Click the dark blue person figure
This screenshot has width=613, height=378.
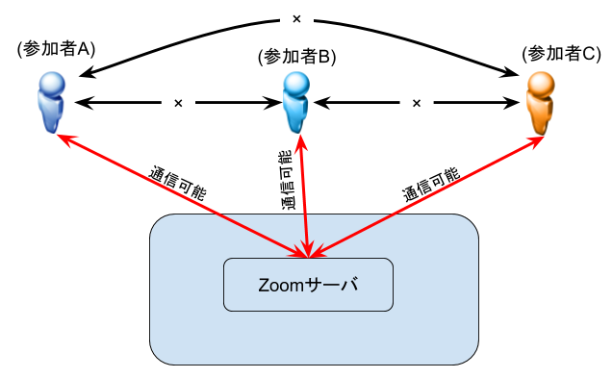point(51,102)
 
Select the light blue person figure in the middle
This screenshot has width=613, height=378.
point(297,102)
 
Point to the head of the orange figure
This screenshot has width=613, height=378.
point(543,84)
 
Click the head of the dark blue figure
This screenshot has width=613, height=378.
point(52,84)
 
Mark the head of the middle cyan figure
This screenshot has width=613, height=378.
point(297,84)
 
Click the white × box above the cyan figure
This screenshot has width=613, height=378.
point(296,19)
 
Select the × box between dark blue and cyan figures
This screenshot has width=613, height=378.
point(177,103)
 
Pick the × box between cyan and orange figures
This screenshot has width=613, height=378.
point(416,103)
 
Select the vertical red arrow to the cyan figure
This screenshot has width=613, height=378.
point(304,197)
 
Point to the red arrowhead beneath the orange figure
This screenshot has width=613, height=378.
point(537,142)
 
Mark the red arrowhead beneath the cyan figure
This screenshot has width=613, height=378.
point(301,142)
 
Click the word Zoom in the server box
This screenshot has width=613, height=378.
point(281,285)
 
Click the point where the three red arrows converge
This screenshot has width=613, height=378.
point(308,255)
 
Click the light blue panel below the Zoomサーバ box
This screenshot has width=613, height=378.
point(314,337)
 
